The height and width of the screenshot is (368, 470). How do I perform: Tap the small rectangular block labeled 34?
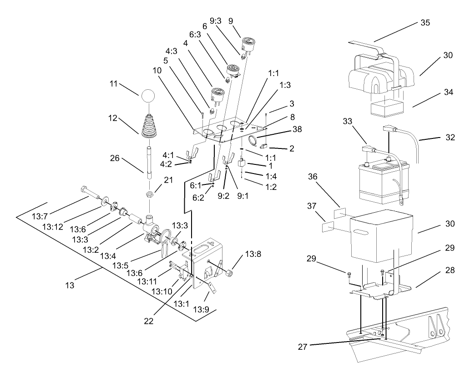384,109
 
